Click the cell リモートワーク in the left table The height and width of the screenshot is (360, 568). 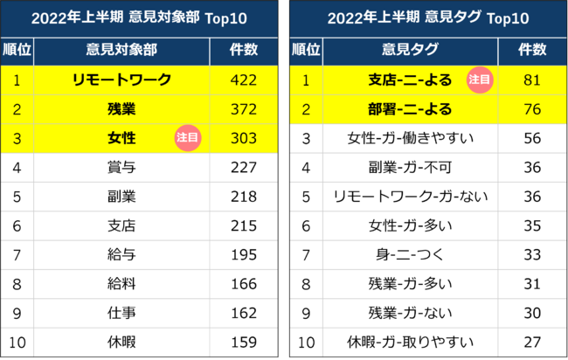tap(121, 80)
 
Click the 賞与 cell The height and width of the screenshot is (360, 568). tap(121, 166)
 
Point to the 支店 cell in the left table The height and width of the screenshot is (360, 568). tap(121, 225)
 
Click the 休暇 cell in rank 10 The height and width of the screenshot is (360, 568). tap(121, 341)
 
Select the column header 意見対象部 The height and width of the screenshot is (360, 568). tap(121, 50)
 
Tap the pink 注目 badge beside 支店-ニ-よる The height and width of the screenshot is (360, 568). tap(479, 80)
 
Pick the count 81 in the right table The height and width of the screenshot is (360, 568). tap(532, 80)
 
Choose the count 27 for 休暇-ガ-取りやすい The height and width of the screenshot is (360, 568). tap(532, 341)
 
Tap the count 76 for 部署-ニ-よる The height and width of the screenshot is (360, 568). tap(532, 109)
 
